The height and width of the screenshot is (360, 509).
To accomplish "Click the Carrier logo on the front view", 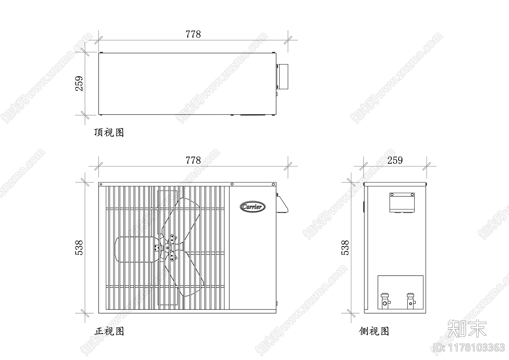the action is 252,207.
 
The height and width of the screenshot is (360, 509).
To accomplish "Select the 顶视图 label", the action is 109,132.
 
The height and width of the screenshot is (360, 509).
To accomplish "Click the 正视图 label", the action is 109,331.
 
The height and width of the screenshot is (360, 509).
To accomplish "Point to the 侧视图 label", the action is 374,331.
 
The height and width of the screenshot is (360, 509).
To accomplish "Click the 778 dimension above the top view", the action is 193,34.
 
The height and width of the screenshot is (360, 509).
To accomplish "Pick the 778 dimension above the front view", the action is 193,160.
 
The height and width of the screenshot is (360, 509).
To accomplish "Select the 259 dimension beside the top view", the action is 79,83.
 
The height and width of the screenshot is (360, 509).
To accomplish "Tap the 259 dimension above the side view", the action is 395,160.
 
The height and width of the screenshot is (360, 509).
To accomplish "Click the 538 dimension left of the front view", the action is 79,248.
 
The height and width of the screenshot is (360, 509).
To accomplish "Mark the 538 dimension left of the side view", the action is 345,248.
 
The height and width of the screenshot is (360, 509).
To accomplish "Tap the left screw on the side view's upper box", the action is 392,194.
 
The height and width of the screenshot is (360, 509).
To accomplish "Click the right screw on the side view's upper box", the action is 412,194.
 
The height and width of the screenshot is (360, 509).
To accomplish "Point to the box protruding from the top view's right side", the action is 282,76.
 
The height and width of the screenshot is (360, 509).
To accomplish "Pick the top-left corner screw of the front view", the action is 101,184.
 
